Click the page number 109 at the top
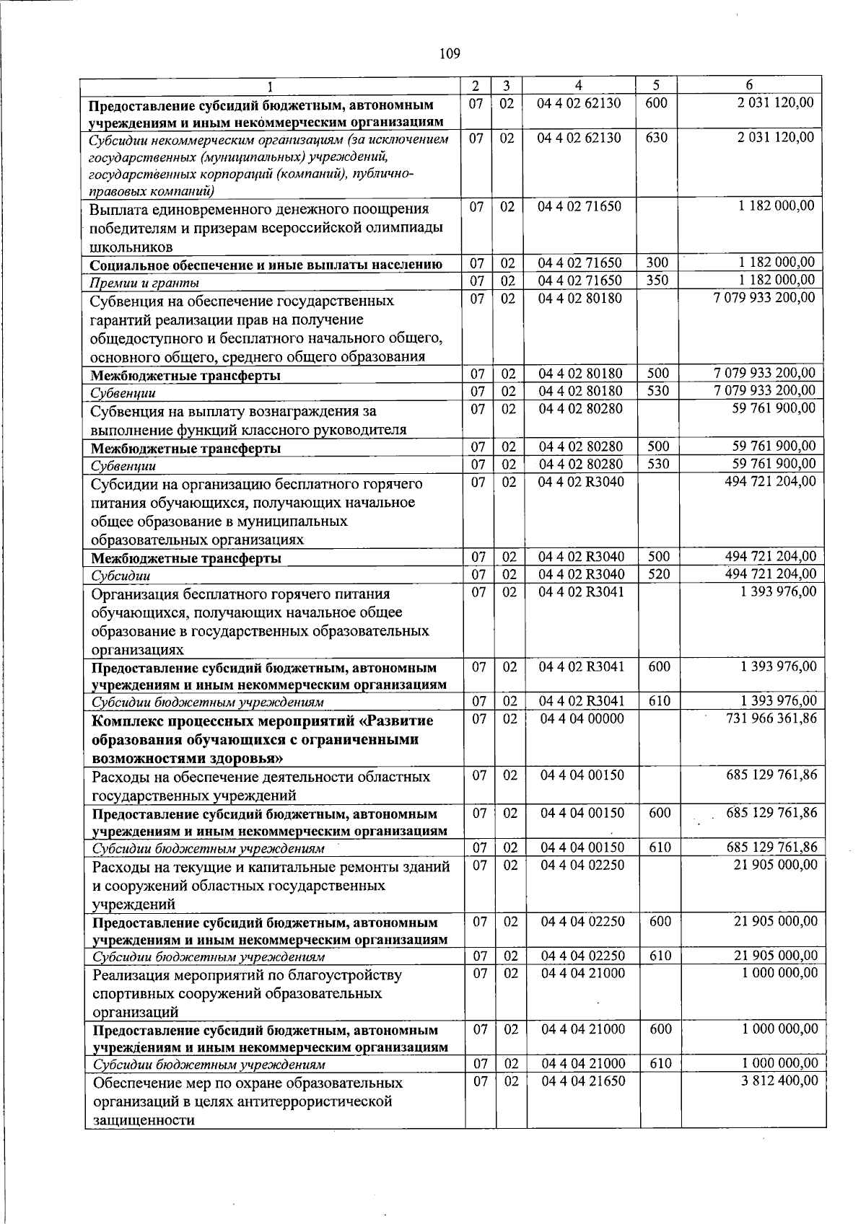coord(449,53)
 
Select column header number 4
coord(579,86)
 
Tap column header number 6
coord(750,86)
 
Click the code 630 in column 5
coord(656,137)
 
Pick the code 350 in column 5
coord(657,281)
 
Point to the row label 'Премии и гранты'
coord(144,283)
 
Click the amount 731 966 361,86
coord(770,718)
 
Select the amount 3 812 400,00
coord(779,1080)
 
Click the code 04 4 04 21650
coord(583,1081)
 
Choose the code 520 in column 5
coord(657,574)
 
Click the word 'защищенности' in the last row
coord(144,1120)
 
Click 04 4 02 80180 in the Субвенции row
coord(581,391)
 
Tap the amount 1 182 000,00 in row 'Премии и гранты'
coord(777,280)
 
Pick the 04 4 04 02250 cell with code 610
coord(582,956)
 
